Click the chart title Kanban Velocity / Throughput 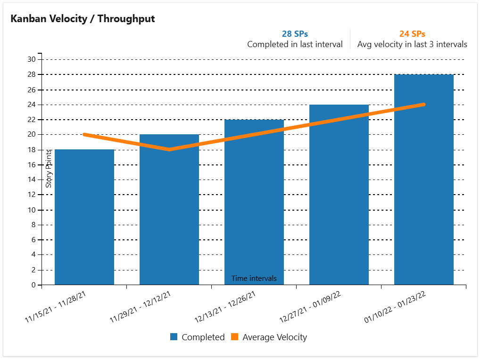click(x=83, y=19)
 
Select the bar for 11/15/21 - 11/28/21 click(x=84, y=217)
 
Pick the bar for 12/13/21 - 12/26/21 click(x=254, y=203)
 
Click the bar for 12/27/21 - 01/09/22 click(x=339, y=198)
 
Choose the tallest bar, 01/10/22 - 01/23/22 click(x=424, y=188)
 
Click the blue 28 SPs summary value click(x=295, y=34)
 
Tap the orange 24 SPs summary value click(x=412, y=34)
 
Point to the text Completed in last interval click(x=295, y=44)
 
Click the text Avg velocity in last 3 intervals click(x=412, y=44)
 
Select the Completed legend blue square click(x=174, y=337)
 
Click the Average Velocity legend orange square click(x=235, y=337)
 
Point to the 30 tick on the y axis click(x=32, y=59)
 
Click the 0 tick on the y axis click(x=33, y=285)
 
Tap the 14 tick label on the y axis click(x=32, y=180)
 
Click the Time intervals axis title click(x=254, y=278)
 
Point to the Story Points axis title click(x=49, y=168)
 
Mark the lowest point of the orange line click(x=169, y=149)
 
